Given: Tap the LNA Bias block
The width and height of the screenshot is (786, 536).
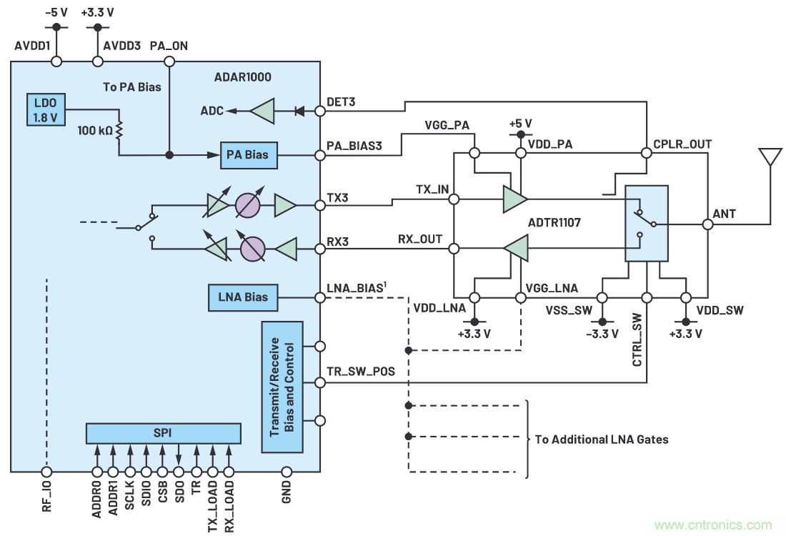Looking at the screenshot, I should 244,297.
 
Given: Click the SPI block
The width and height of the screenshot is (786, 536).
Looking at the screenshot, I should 163,433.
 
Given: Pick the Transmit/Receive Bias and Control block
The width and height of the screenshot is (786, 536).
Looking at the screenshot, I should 282,387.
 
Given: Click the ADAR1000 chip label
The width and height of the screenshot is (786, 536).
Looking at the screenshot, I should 243,76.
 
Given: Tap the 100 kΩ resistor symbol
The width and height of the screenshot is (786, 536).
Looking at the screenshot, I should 119,130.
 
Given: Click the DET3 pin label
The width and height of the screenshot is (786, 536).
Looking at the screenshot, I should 341,103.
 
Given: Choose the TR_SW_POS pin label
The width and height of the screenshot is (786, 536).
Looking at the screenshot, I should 360,372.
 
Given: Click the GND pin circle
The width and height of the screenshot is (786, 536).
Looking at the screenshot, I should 287,472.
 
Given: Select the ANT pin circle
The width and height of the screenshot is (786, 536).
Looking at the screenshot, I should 707,224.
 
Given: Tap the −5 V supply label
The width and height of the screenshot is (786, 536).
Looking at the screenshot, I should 56,12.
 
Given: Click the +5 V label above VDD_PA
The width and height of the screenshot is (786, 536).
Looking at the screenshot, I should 521,123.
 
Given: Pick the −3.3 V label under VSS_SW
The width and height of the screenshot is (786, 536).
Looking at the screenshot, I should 602,334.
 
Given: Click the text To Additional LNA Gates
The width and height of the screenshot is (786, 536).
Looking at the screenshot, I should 602,439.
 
